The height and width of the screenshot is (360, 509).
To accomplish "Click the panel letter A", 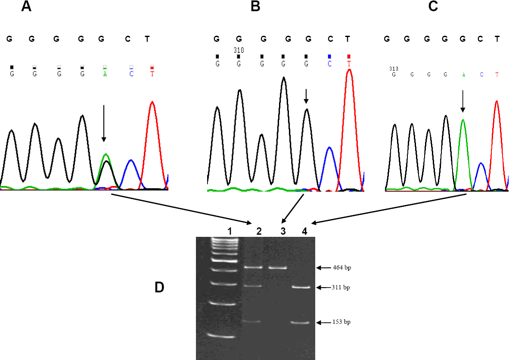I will [26, 7].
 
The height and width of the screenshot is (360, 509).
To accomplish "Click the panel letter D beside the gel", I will [159, 287].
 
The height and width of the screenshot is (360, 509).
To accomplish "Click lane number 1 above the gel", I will [230, 231].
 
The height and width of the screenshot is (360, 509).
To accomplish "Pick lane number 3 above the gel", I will [283, 231].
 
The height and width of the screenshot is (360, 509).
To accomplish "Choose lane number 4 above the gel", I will [304, 231].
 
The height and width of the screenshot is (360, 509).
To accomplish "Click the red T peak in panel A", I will [152, 129].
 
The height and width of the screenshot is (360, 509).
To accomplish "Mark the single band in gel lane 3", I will [278, 267].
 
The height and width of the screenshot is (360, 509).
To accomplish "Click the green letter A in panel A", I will [105, 74].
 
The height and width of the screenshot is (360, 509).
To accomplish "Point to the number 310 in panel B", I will [239, 50].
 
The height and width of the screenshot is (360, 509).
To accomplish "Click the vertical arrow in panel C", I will [462, 101].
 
